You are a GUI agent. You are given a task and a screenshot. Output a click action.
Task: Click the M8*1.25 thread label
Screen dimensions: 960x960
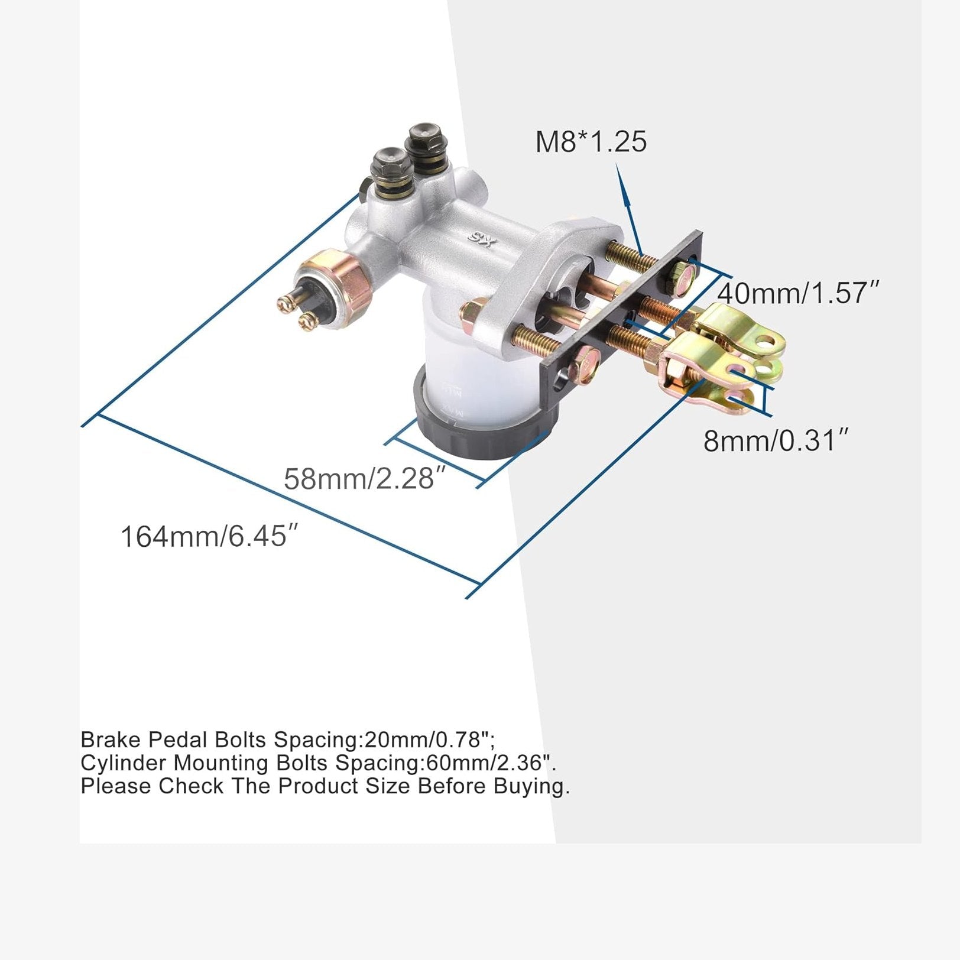591,142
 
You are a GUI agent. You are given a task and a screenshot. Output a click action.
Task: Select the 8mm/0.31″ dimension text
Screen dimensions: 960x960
776,440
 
